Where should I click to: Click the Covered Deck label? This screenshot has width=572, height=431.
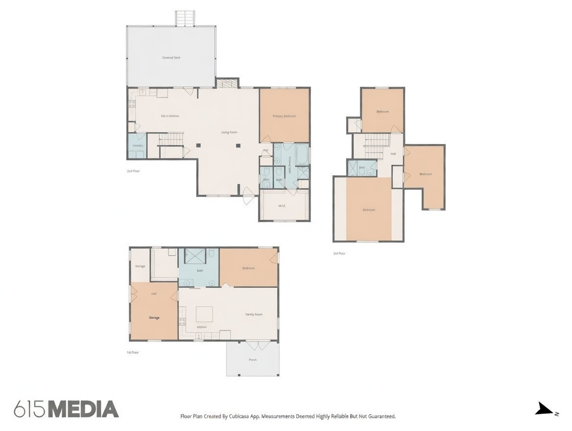click(x=171, y=58)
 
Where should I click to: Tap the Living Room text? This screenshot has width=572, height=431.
click(x=229, y=132)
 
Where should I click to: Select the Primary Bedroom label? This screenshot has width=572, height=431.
click(x=284, y=116)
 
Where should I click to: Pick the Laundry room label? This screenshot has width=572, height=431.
click(x=138, y=146)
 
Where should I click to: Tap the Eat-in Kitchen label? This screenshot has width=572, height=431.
click(x=170, y=116)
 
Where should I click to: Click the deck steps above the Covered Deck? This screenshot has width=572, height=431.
click(x=185, y=19)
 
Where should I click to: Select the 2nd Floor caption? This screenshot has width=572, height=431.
click(x=133, y=171)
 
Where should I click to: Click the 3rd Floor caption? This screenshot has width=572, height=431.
click(x=339, y=253)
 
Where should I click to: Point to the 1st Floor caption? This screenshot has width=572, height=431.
click(x=133, y=352)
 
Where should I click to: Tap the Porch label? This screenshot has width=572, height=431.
click(x=253, y=360)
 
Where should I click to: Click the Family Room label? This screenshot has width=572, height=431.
click(x=254, y=314)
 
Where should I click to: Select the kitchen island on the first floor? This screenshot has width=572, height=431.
click(x=204, y=313)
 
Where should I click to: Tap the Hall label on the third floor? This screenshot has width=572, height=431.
click(x=393, y=154)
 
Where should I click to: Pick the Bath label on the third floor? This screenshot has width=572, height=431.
click(x=361, y=168)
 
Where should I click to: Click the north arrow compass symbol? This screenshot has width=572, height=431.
click(x=545, y=409)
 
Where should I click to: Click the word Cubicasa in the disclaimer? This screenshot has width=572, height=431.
click(x=239, y=416)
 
